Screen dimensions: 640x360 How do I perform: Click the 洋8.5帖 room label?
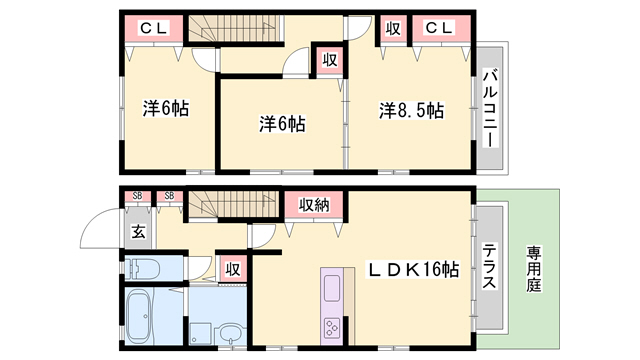(x=411, y=110)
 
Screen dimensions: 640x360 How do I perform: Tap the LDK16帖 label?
(x=413, y=269)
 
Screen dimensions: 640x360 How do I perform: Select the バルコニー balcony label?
(x=490, y=109)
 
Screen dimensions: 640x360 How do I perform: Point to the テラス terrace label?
(x=489, y=266)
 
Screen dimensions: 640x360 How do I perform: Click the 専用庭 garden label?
(x=533, y=269)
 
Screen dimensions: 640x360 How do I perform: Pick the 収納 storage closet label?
(x=314, y=205)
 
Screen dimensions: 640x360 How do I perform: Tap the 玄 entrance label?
(x=138, y=233)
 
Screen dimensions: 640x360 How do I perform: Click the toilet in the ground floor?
(x=141, y=269)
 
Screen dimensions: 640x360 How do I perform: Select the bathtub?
(x=139, y=316)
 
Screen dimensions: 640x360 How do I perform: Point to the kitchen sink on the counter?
(x=332, y=287)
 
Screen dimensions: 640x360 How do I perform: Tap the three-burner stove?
(x=331, y=327)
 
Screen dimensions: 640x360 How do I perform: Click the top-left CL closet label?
(x=153, y=29)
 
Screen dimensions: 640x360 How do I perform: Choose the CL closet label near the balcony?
(x=439, y=28)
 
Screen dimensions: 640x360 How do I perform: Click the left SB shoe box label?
(x=138, y=196)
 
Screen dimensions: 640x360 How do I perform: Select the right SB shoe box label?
(x=169, y=196)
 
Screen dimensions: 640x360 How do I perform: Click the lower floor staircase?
(x=233, y=204)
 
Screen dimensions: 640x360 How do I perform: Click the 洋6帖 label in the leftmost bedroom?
(x=166, y=109)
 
